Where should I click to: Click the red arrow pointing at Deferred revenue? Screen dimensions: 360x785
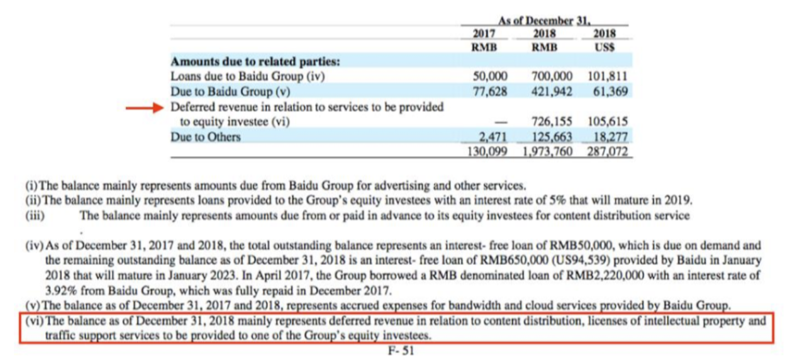coord(145,108)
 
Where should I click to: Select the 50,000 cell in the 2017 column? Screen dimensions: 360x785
coord(489,76)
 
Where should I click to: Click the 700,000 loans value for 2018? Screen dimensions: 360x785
coord(548,76)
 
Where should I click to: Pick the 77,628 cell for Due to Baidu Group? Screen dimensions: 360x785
coord(489,92)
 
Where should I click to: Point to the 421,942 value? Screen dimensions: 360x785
coord(548,92)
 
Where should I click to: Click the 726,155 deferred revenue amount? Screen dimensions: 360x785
coord(548,122)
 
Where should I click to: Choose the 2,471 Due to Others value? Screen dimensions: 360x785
coord(493,137)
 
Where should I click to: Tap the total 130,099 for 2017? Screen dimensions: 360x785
coord(487,152)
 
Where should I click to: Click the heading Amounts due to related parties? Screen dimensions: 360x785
coord(255,62)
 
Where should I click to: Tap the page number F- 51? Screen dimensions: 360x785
coord(401,351)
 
